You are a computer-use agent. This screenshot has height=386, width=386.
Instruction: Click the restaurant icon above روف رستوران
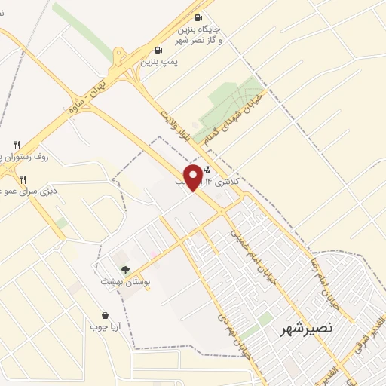coord(17,144)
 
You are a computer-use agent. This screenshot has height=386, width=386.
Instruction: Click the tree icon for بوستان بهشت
coord(124,269)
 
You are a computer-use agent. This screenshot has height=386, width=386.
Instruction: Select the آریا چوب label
coord(105,326)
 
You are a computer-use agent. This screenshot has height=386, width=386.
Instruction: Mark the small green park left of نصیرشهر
coord(265,320)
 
